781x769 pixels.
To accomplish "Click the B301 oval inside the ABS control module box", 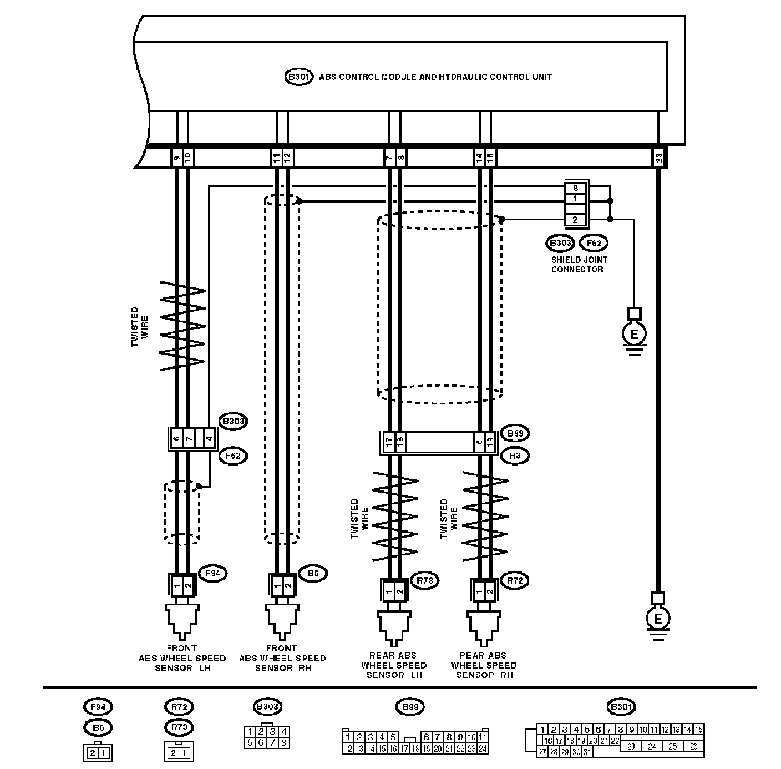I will pyautogui.click(x=299, y=77).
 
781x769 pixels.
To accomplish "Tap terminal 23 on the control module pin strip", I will pyautogui.click(x=658, y=158).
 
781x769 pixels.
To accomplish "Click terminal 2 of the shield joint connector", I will pyautogui.click(x=575, y=220).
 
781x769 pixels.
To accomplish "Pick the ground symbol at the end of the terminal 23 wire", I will pyautogui.click(x=658, y=618).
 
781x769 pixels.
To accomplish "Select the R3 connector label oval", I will pyautogui.click(x=514, y=456).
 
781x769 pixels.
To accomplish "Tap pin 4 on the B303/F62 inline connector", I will pyautogui.click(x=209, y=439).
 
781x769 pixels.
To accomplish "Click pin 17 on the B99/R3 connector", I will pyautogui.click(x=389, y=442).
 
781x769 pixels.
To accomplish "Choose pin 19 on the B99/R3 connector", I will pyautogui.click(x=490, y=442).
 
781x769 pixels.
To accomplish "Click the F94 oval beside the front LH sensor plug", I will pyautogui.click(x=213, y=574).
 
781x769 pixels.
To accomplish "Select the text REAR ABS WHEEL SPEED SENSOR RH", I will pyautogui.click(x=484, y=665).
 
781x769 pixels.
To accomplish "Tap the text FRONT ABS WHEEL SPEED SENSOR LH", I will pyautogui.click(x=182, y=658).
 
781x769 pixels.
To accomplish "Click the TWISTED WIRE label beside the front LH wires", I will pyautogui.click(x=139, y=328).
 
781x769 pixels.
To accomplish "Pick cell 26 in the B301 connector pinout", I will pyautogui.click(x=693, y=747).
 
